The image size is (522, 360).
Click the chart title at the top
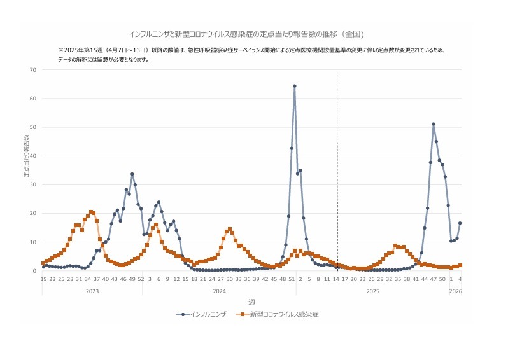[246, 34]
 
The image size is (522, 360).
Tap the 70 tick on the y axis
[32, 69]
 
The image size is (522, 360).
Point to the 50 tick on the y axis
[32, 127]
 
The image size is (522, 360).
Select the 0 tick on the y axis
[34, 271]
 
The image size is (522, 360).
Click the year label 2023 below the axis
[92, 291]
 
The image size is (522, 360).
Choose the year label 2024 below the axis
[219, 291]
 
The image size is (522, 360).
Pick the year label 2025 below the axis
[373, 291]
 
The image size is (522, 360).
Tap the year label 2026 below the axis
[455, 291]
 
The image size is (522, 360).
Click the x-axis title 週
[251, 301]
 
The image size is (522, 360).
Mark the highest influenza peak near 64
[295, 86]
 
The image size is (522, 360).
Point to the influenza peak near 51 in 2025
[434, 124]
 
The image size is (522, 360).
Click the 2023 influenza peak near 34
[132, 174]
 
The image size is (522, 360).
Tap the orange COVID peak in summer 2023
[91, 212]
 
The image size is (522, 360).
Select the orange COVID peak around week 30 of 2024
[229, 229]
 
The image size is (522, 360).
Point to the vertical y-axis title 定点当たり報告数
[27, 156]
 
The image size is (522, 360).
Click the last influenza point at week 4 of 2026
[460, 223]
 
